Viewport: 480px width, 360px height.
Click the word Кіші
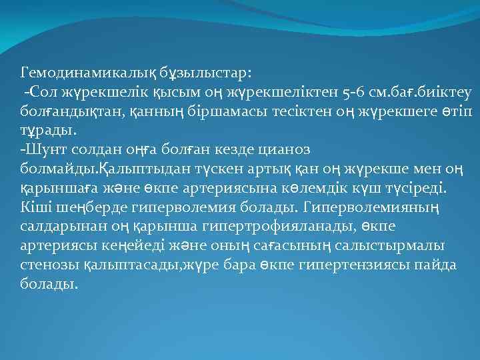(x=35, y=200)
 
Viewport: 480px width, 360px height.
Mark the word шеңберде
(x=82, y=200)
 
